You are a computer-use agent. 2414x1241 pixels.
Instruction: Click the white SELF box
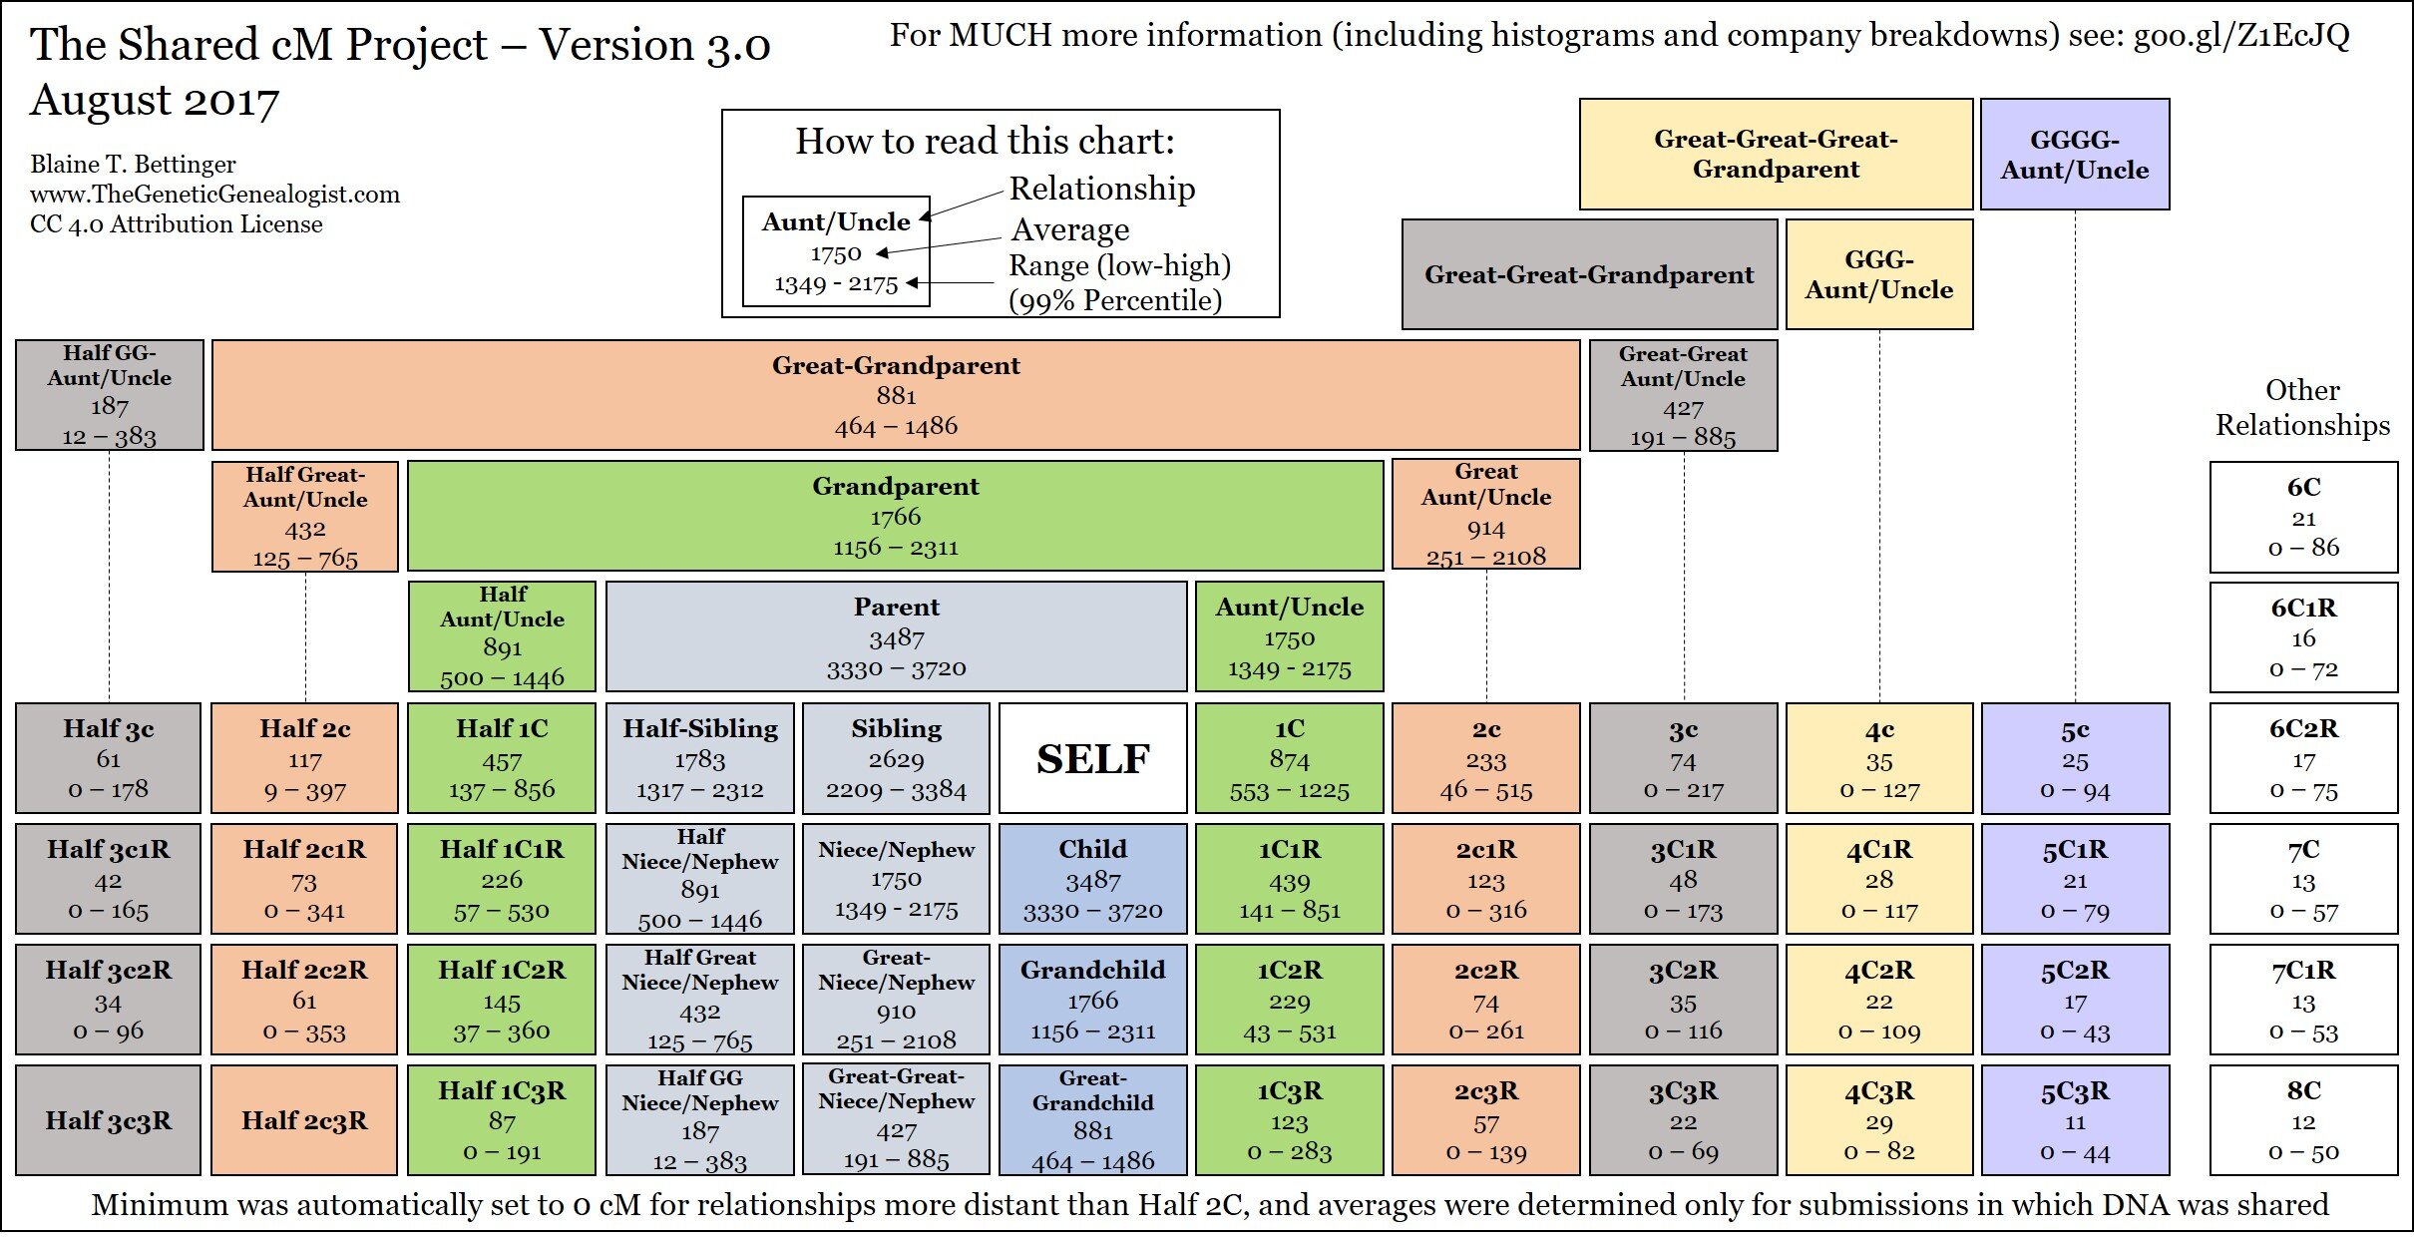[x=1092, y=758]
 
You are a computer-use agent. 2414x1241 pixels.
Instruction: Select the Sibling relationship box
[x=896, y=758]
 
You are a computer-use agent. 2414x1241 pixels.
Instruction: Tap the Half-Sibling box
[x=700, y=758]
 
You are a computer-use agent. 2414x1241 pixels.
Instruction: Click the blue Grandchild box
[x=1092, y=1000]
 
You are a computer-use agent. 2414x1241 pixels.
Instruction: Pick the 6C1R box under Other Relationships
[x=2303, y=637]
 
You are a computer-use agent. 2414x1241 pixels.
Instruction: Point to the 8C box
[x=2303, y=1120]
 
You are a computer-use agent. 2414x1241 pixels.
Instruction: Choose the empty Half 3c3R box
[x=108, y=1120]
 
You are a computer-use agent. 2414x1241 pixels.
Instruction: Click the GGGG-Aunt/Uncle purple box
[x=2075, y=155]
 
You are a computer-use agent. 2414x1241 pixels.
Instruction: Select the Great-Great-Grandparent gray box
[x=1589, y=274]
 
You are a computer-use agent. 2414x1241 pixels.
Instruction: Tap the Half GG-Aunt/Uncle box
[x=109, y=395]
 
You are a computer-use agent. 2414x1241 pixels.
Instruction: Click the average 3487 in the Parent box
[x=896, y=638]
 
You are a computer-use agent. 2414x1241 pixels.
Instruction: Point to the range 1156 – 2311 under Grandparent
[x=896, y=548]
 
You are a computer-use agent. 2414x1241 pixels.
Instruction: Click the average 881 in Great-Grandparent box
[x=896, y=396]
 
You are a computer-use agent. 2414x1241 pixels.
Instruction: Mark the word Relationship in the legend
[x=1101, y=189]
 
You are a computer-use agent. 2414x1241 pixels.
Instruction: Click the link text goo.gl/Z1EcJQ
[x=2241, y=36]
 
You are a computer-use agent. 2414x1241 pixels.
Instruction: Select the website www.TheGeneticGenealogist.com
[x=214, y=195]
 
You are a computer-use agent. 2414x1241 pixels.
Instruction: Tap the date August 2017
[x=155, y=101]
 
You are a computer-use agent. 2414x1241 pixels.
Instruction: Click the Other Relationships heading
[x=2302, y=407]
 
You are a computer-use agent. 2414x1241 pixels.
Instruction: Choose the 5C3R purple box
[x=2075, y=1120]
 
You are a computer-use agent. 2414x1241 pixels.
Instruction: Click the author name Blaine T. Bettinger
[x=133, y=165]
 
